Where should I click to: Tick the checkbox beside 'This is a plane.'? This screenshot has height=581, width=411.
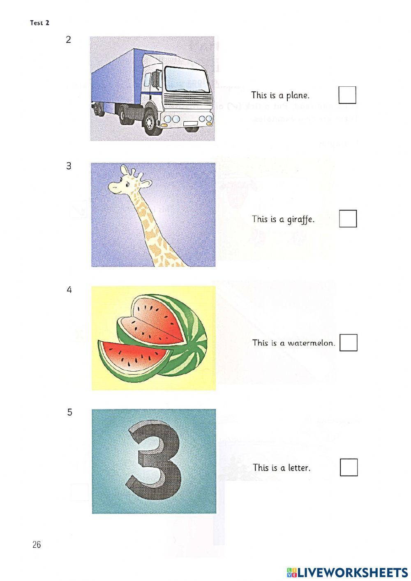click(347, 95)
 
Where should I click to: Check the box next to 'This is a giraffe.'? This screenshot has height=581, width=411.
click(348, 219)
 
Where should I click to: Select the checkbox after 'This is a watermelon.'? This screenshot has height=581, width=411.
click(349, 343)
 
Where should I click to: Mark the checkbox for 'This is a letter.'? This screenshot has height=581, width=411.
click(349, 468)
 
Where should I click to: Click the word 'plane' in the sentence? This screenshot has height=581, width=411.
click(298, 95)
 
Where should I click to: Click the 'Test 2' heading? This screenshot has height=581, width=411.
click(39, 23)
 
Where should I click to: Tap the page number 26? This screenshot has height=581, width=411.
click(37, 545)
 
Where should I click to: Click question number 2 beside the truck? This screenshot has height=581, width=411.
click(68, 40)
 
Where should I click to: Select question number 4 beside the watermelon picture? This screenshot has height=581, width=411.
click(69, 290)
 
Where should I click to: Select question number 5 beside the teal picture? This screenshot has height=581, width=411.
click(69, 412)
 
